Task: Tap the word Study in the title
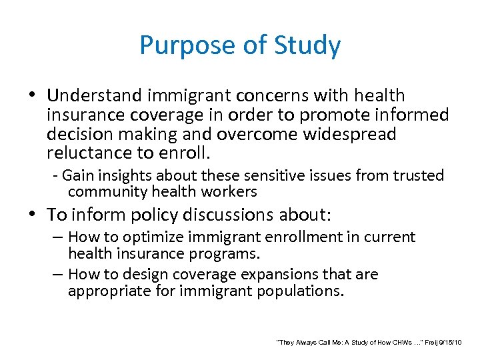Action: tap(309, 46)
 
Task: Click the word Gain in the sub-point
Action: tap(78, 176)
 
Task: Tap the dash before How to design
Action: tap(59, 275)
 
